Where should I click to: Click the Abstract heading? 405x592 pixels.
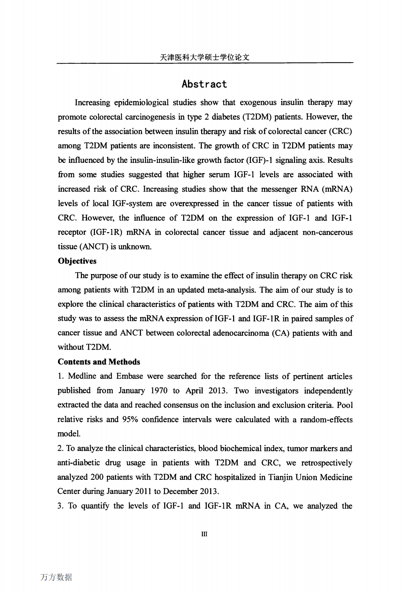204,84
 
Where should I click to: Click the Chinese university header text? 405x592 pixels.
204,57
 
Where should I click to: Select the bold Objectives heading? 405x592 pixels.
77,261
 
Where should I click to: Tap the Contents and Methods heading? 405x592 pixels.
99,362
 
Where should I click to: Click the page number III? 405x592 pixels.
204,534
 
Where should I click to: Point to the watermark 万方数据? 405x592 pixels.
56,577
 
